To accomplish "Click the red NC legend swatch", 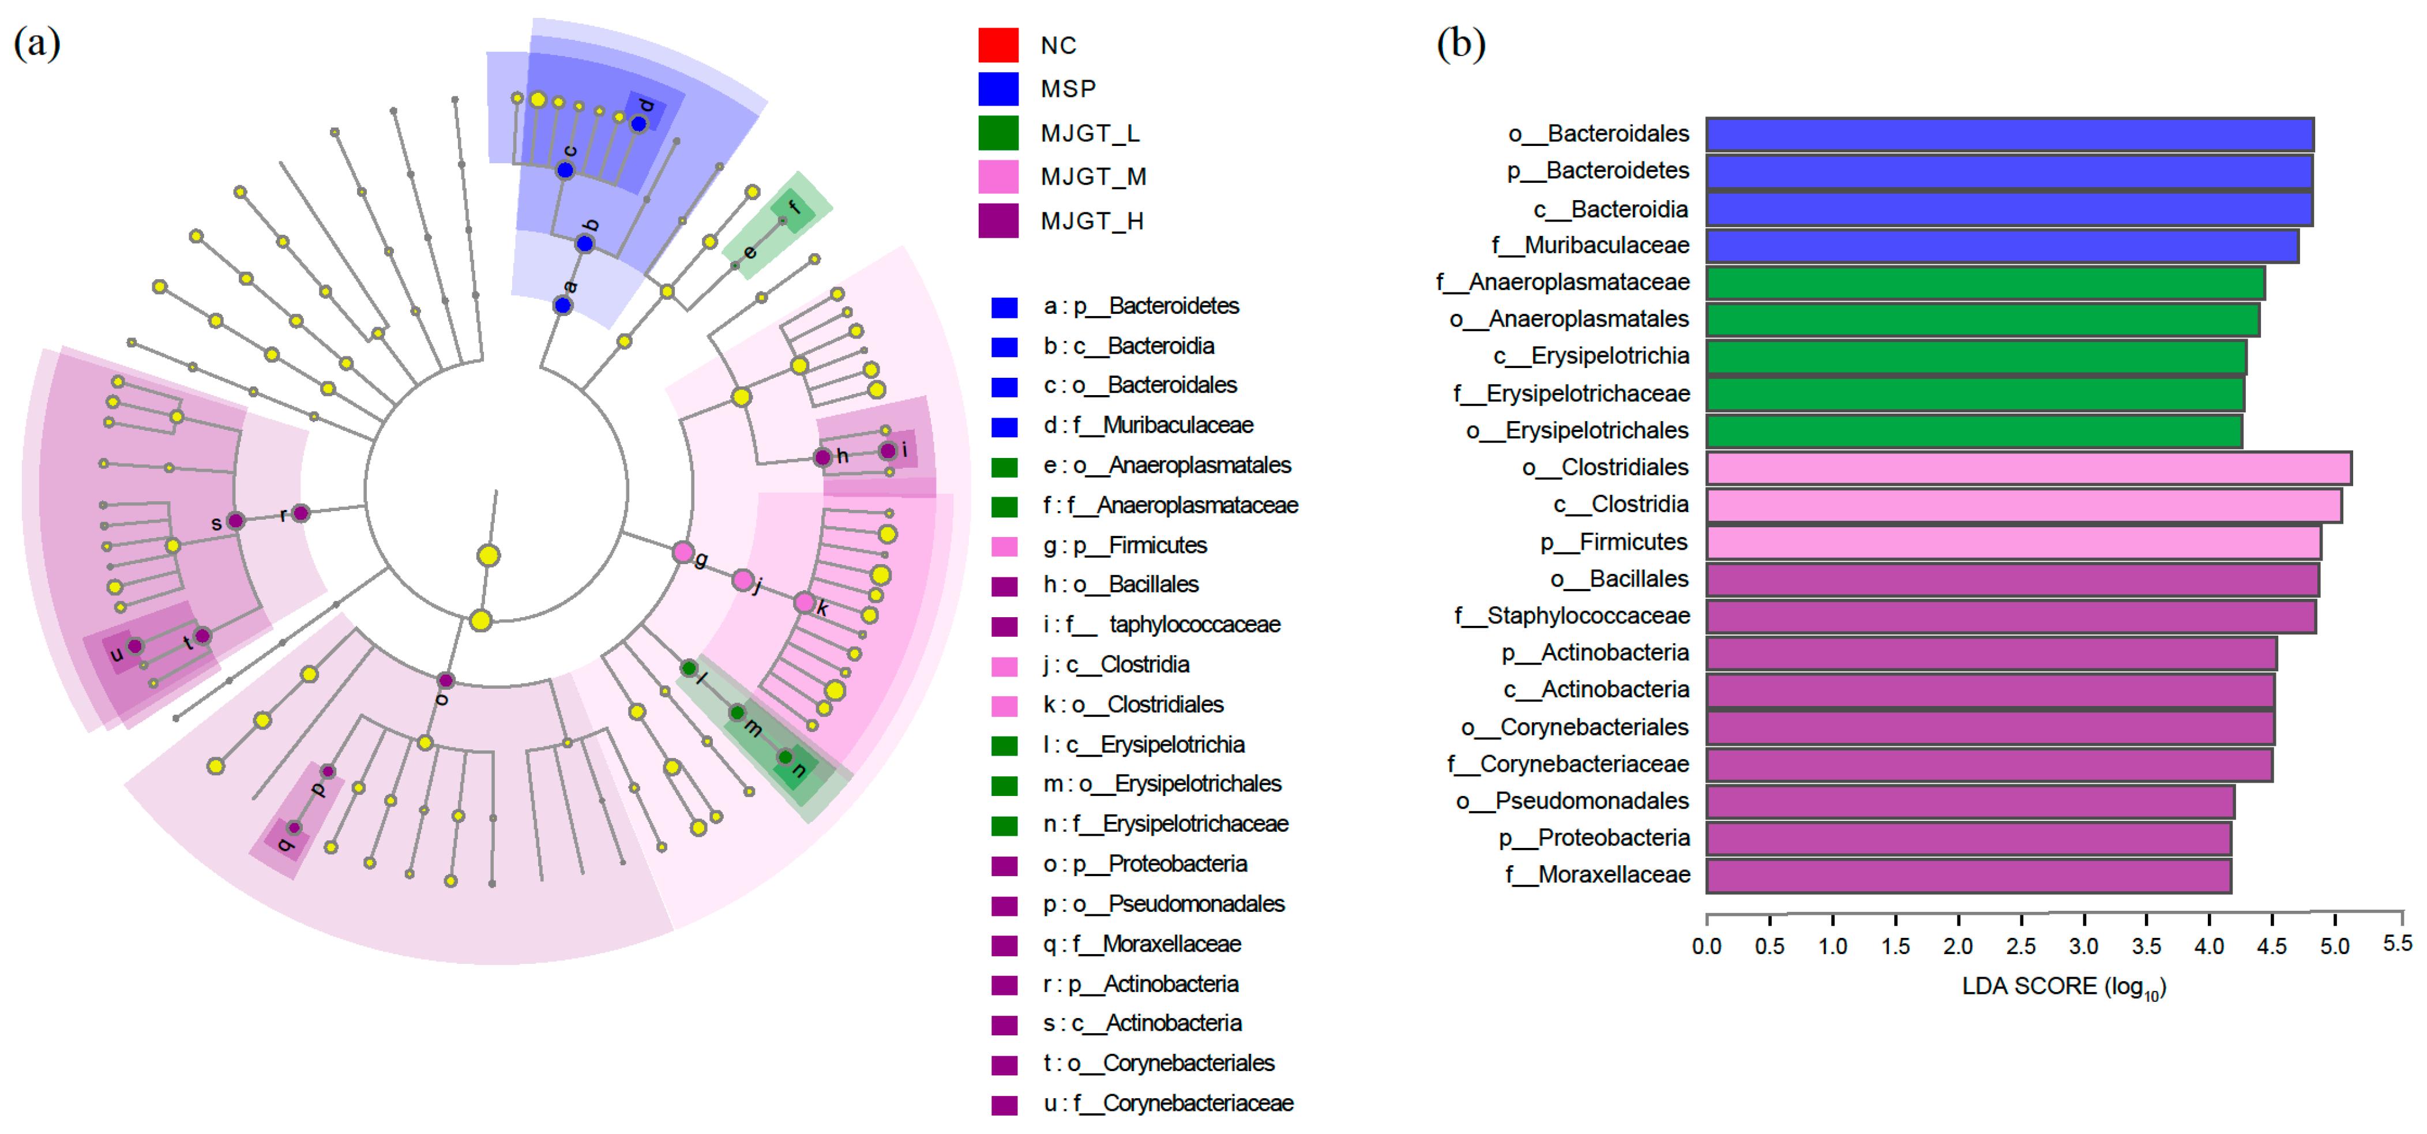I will tap(998, 44).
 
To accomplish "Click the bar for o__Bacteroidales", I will tap(2009, 135).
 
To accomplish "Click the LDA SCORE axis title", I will tap(2063, 987).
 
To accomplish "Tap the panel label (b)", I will tap(1460, 43).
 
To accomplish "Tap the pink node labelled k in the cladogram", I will tap(803, 602).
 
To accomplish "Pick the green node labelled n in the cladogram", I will tap(785, 757).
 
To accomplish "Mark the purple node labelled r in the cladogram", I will tap(300, 513).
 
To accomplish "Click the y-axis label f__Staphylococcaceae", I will tap(1572, 616).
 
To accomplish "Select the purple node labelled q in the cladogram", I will tap(294, 828).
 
